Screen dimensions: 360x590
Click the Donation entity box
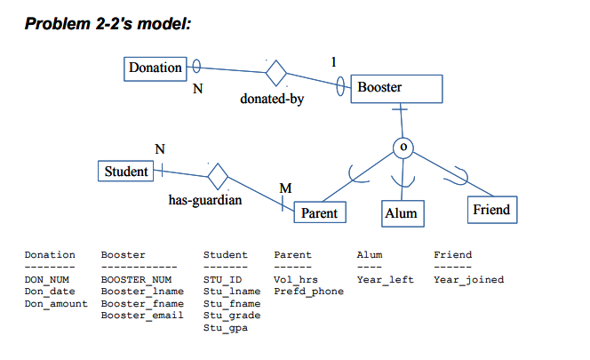click(x=155, y=68)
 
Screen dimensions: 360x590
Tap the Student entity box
click(x=125, y=171)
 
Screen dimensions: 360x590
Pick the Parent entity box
click(x=319, y=213)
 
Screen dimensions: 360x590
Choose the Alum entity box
click(x=400, y=213)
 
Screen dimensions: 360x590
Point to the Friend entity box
click(x=490, y=210)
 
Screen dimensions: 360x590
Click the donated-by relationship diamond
click(x=276, y=71)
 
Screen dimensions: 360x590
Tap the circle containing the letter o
click(x=403, y=145)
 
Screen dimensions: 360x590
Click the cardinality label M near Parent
click(x=284, y=188)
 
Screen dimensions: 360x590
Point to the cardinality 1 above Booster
click(x=333, y=61)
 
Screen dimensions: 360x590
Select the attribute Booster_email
click(x=141, y=316)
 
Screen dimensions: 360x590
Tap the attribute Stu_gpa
click(x=225, y=328)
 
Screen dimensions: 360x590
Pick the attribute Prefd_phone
click(x=308, y=292)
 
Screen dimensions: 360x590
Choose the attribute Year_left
click(x=385, y=280)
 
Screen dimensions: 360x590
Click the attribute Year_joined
click(x=467, y=280)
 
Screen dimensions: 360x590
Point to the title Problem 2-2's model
click(x=108, y=22)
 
